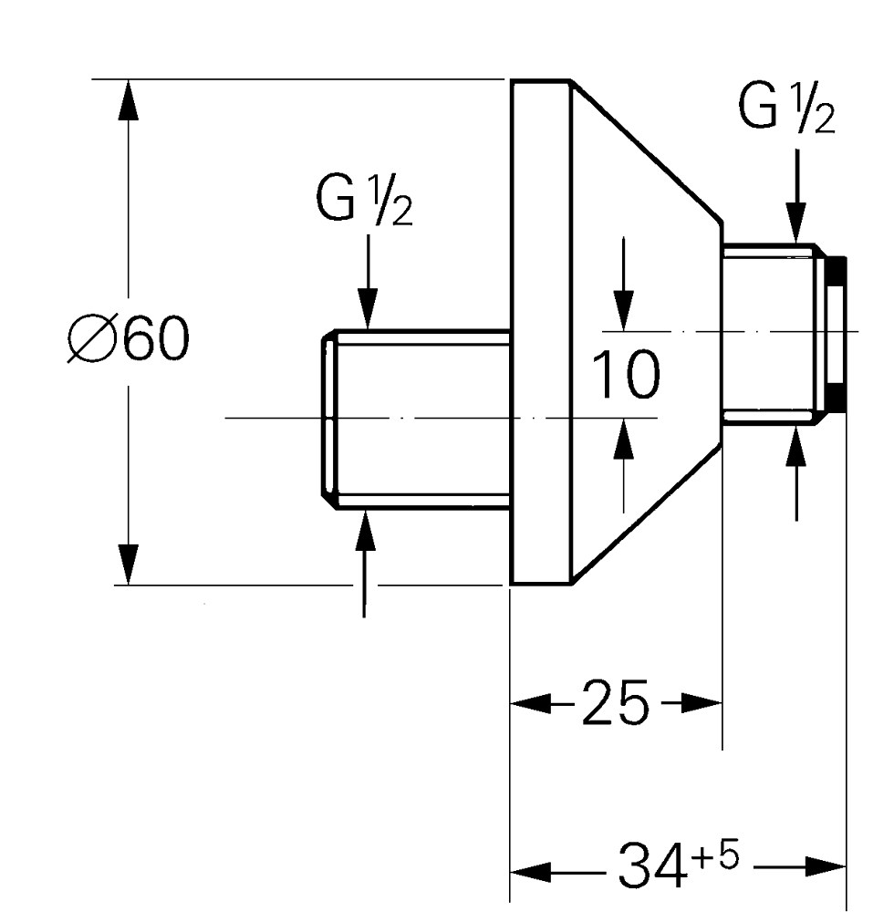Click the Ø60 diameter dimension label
click(129, 341)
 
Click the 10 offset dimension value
click(625, 376)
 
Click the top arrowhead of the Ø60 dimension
click(129, 100)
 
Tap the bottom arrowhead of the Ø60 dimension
click(129, 564)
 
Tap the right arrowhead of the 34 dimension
click(826, 867)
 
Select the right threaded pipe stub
click(771, 330)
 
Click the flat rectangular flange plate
click(539, 332)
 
